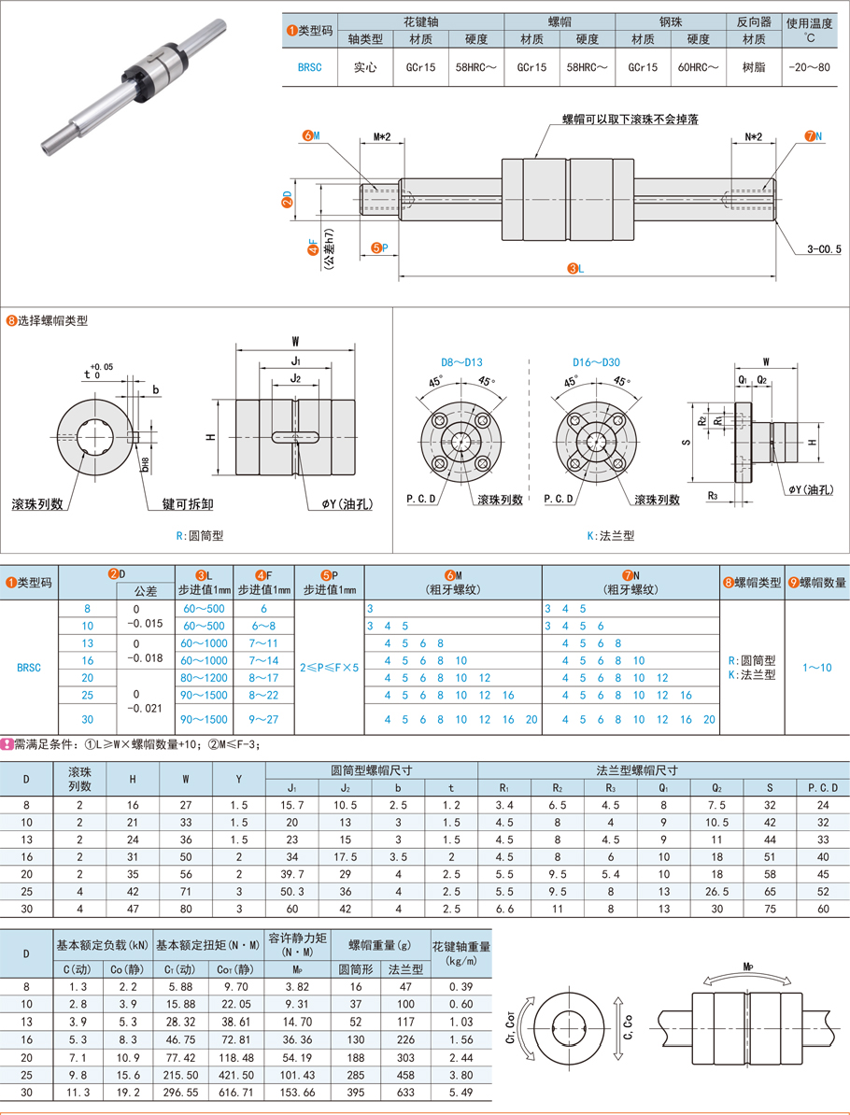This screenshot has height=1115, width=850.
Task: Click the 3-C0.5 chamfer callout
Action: (824, 249)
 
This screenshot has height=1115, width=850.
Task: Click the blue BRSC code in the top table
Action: (309, 67)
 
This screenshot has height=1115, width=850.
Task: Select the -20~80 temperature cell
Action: (809, 67)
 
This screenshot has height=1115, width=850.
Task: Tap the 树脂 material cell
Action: (754, 67)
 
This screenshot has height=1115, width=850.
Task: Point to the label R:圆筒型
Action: (200, 535)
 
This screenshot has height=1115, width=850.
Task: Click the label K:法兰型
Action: (610, 535)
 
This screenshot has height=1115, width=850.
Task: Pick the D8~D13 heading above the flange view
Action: (461, 362)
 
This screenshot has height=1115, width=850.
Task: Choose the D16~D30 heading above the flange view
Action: (596, 362)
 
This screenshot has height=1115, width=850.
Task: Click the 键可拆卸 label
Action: (188, 504)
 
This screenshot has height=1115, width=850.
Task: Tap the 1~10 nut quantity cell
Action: (816, 668)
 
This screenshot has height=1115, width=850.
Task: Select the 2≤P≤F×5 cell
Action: (330, 668)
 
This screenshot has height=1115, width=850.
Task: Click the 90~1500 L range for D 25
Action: (204, 696)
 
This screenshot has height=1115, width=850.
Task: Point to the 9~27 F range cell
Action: (263, 720)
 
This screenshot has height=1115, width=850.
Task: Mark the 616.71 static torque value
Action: (235, 1093)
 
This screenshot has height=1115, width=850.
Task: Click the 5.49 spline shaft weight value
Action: (460, 1093)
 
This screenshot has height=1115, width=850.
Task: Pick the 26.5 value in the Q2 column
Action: (717, 892)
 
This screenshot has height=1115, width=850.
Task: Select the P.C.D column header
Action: (823, 788)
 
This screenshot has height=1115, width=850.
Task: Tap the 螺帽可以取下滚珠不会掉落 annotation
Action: (630, 120)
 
